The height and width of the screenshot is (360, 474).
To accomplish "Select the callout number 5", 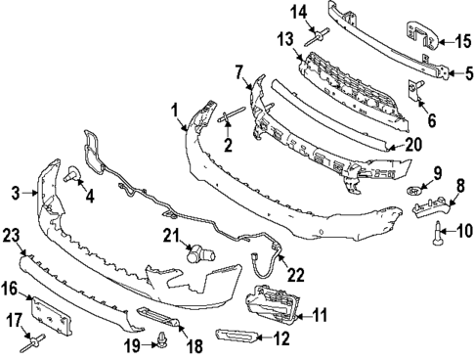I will tap(467, 71).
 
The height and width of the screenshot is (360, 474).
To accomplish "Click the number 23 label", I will tap(12, 235).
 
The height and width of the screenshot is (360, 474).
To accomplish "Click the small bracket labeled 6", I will tap(416, 91).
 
